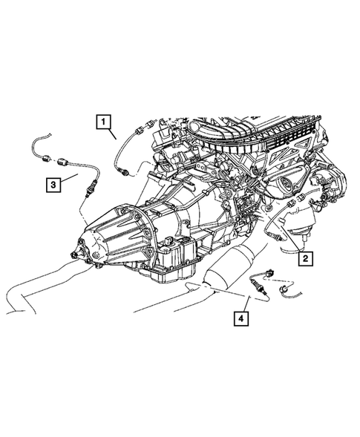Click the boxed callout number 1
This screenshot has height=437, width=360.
(x=102, y=122)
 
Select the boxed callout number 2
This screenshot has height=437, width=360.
(x=305, y=259)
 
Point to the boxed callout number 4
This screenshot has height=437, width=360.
(x=240, y=319)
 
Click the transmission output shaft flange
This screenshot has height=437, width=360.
(x=76, y=254)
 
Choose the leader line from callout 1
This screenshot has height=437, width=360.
(x=112, y=134)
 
